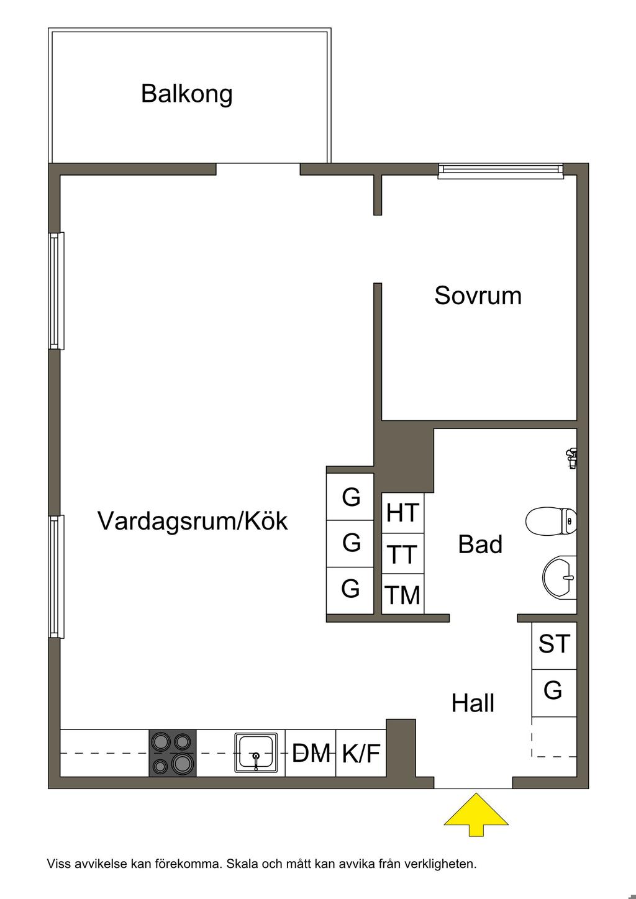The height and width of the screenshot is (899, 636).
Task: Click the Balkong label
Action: (186, 94)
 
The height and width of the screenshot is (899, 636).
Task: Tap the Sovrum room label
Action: (478, 296)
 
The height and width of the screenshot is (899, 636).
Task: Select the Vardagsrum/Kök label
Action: (193, 521)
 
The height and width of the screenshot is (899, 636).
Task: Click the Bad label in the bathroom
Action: (480, 544)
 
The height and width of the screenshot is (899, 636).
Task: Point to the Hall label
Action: (473, 703)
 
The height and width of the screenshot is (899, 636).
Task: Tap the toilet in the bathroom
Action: (552, 521)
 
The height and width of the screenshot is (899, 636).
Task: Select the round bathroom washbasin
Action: (560, 577)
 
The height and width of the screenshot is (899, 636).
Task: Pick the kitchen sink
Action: (256, 753)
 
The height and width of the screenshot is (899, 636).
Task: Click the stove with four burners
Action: (173, 753)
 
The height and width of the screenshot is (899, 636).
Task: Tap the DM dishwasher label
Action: (311, 754)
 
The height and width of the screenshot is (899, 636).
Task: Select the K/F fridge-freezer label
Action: (361, 754)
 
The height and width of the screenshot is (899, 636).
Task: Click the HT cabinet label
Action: (403, 513)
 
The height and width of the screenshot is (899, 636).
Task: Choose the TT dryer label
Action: (402, 554)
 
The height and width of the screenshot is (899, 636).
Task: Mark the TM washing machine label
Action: (403, 595)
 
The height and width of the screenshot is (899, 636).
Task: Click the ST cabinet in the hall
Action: (554, 644)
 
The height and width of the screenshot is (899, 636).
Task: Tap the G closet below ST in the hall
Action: (553, 690)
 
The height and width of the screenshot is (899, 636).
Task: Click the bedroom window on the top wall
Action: (501, 170)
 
